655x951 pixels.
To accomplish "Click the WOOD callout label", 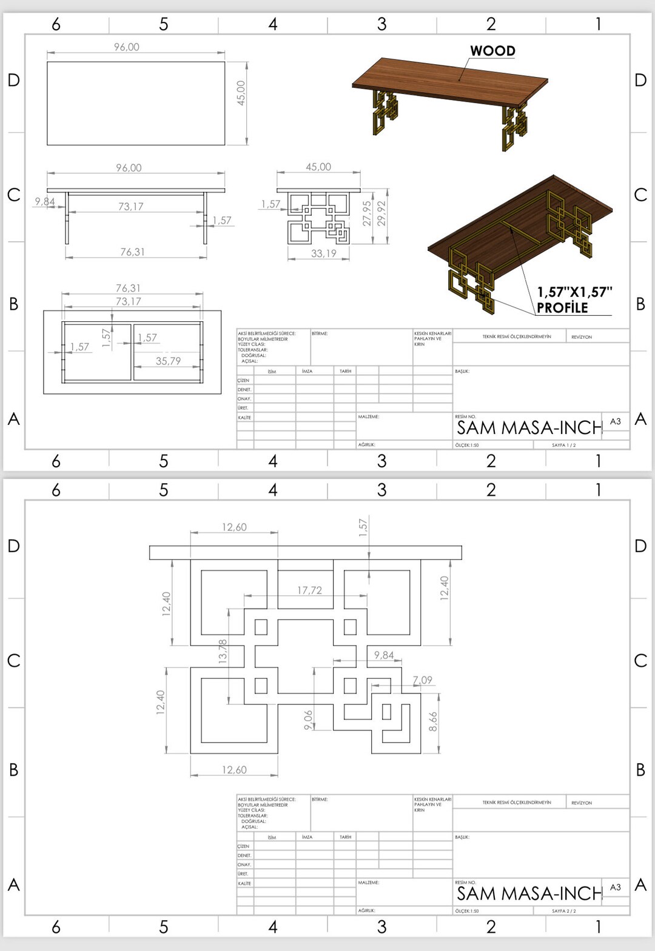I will (x=492, y=51).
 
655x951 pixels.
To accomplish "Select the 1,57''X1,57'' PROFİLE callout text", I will (x=573, y=299).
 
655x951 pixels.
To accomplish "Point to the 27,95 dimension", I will (x=367, y=213).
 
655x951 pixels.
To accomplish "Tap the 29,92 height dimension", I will (x=381, y=213).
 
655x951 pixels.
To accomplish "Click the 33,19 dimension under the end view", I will (x=323, y=253).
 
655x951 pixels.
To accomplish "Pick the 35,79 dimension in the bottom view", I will (x=168, y=361).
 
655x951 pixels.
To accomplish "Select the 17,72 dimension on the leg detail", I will (x=309, y=590).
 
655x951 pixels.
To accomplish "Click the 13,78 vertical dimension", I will (x=223, y=650).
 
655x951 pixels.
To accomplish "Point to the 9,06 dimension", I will (x=308, y=719).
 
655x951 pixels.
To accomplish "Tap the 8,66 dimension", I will (x=433, y=721).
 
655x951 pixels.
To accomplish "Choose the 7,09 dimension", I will (x=423, y=680).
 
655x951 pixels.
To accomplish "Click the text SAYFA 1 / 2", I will (x=563, y=445).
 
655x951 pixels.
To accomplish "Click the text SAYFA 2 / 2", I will (x=563, y=911).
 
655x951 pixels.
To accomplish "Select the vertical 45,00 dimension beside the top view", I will (x=241, y=93).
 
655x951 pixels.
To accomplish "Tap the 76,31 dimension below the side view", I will (x=132, y=252).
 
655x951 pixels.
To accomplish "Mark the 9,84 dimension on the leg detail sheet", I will (x=383, y=655).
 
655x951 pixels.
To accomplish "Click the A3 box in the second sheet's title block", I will (x=615, y=887).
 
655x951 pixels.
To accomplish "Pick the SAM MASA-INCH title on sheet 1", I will (x=529, y=428).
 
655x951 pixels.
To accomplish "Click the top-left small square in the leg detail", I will (x=261, y=627).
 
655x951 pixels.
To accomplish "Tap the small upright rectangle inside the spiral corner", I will (x=386, y=711).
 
